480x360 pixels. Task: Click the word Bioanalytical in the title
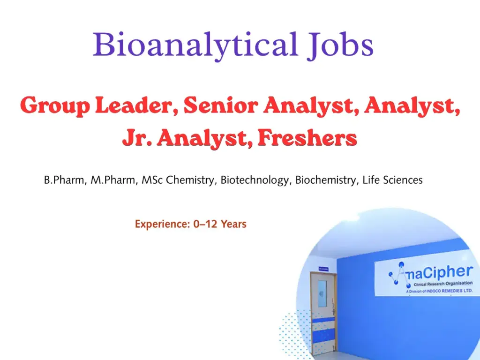[195, 45]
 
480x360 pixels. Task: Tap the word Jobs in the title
[340, 46]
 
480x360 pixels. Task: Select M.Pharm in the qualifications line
[113, 180]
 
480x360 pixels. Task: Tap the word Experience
[162, 224]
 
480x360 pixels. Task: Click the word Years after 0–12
[233, 224]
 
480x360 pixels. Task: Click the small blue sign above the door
[323, 269]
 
